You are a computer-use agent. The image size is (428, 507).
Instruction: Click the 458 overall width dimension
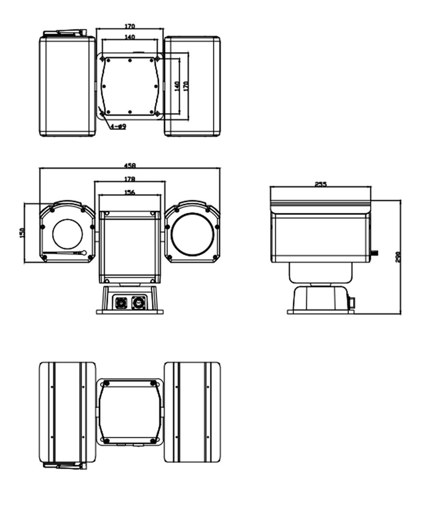click(130, 165)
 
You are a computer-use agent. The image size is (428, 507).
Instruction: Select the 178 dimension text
click(130, 178)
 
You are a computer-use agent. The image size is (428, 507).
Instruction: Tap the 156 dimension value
click(130, 192)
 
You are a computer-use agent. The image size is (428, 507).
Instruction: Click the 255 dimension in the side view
click(321, 184)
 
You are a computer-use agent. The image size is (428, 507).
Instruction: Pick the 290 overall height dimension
click(398, 256)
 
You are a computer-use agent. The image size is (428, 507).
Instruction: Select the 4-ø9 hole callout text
click(118, 127)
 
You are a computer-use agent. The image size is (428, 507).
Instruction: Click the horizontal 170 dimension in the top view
click(130, 27)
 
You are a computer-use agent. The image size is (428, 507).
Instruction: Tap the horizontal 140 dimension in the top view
click(130, 37)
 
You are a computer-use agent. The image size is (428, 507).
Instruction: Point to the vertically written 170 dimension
click(185, 85)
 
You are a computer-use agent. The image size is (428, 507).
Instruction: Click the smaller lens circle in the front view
click(68, 234)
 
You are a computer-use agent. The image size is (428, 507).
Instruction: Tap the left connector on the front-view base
click(121, 303)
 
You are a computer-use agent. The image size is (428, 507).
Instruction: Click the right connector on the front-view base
click(139, 303)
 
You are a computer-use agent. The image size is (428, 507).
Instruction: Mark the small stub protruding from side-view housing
click(374, 253)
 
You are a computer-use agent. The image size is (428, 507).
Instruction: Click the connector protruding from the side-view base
click(352, 302)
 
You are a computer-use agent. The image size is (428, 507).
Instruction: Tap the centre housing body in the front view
click(130, 247)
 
